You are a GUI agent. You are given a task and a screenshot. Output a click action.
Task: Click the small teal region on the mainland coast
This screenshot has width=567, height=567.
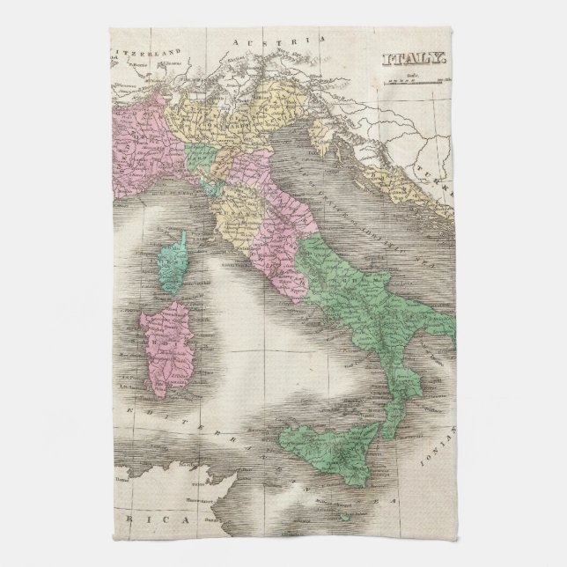click(230, 188)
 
